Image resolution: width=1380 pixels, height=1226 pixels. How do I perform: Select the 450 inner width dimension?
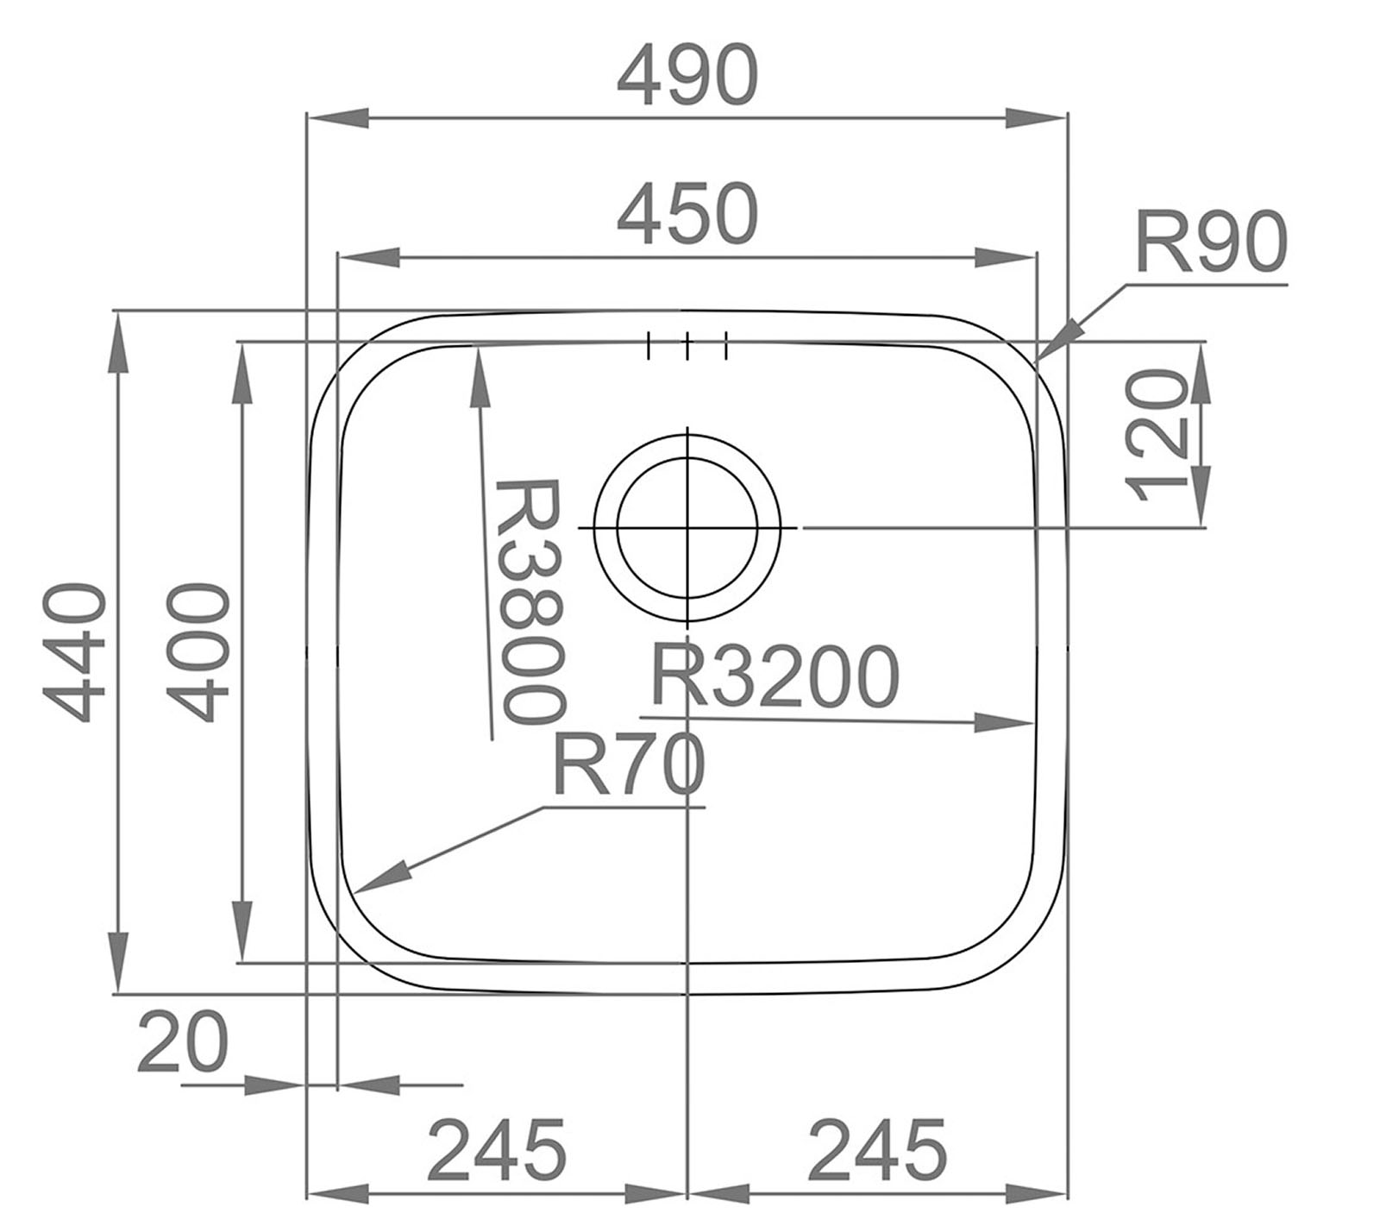pos(687,213)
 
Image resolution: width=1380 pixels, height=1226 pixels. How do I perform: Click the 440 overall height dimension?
pos(78,652)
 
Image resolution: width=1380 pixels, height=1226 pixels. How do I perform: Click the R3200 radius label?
pos(774,676)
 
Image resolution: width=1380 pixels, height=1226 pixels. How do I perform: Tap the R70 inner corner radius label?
pos(627,765)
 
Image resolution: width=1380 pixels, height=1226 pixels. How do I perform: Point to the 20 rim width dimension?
pos(183,1041)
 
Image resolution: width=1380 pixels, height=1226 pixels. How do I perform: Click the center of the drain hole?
pos(687,527)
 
